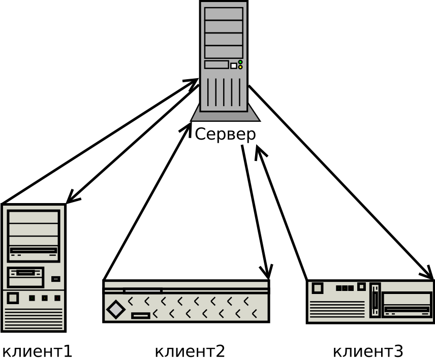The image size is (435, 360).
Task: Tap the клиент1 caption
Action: click(37, 351)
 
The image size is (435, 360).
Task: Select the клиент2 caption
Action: click(189, 351)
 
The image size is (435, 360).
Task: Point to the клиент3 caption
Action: click(367, 351)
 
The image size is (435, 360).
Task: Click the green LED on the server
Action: click(240, 62)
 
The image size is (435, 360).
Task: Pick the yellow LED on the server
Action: click(240, 67)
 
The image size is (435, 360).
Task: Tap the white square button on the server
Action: click(234, 66)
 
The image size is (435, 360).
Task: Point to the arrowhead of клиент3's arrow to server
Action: click(258, 150)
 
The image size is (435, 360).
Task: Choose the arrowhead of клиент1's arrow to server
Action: click(194, 82)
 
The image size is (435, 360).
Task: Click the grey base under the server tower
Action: click(225, 116)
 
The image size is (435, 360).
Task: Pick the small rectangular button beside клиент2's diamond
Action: click(141, 316)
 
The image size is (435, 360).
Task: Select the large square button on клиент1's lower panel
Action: click(13, 298)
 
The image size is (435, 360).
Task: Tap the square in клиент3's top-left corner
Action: click(317, 288)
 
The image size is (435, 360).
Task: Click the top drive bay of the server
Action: click(224, 14)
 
